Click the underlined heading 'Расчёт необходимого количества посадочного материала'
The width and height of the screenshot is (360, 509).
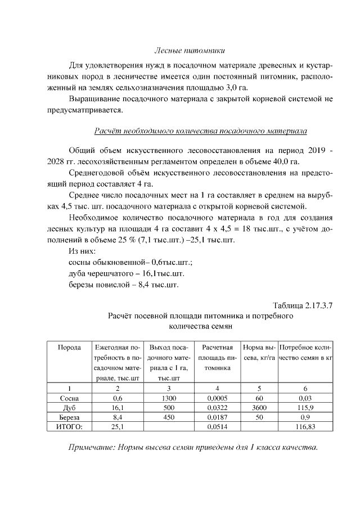coord(200,132)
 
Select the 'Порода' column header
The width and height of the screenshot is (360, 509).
coord(69,348)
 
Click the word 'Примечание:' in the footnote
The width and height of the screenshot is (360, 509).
coord(94,448)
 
